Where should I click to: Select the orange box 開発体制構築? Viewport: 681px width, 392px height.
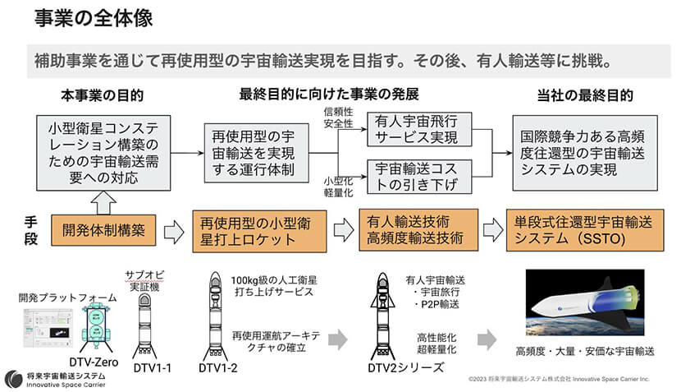point(103,231)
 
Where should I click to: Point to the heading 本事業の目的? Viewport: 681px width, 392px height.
point(103,96)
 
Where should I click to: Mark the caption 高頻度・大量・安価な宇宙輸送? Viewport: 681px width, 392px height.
point(585,351)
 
